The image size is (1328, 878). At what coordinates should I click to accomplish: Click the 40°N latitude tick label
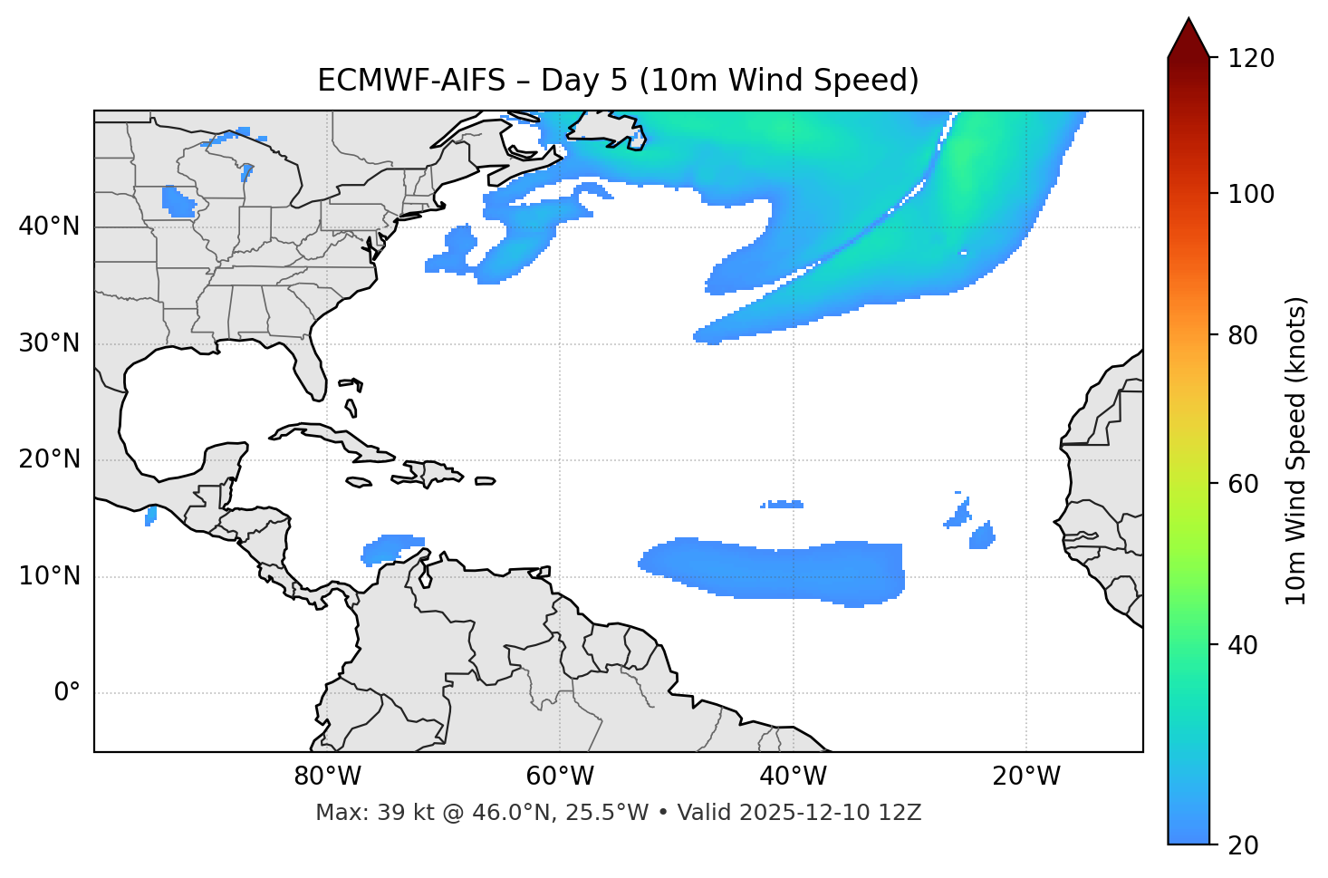click(x=49, y=227)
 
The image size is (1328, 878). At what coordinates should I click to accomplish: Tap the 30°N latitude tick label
click(x=49, y=343)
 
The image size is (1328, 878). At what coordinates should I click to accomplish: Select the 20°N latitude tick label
click(x=49, y=459)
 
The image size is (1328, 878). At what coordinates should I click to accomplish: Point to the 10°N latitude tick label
click(x=49, y=576)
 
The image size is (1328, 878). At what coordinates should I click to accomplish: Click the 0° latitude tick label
click(x=67, y=693)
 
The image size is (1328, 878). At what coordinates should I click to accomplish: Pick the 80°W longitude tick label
click(x=327, y=777)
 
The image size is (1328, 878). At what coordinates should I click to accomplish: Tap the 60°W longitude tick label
click(x=560, y=777)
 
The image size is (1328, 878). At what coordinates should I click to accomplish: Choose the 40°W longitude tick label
click(x=793, y=777)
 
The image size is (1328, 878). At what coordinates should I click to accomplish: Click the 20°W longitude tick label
click(x=1026, y=777)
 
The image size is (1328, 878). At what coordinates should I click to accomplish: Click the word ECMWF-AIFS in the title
click(x=411, y=81)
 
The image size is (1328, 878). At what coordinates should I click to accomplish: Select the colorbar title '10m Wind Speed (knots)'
click(x=1296, y=451)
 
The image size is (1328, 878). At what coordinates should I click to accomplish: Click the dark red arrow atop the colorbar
click(x=1188, y=39)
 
